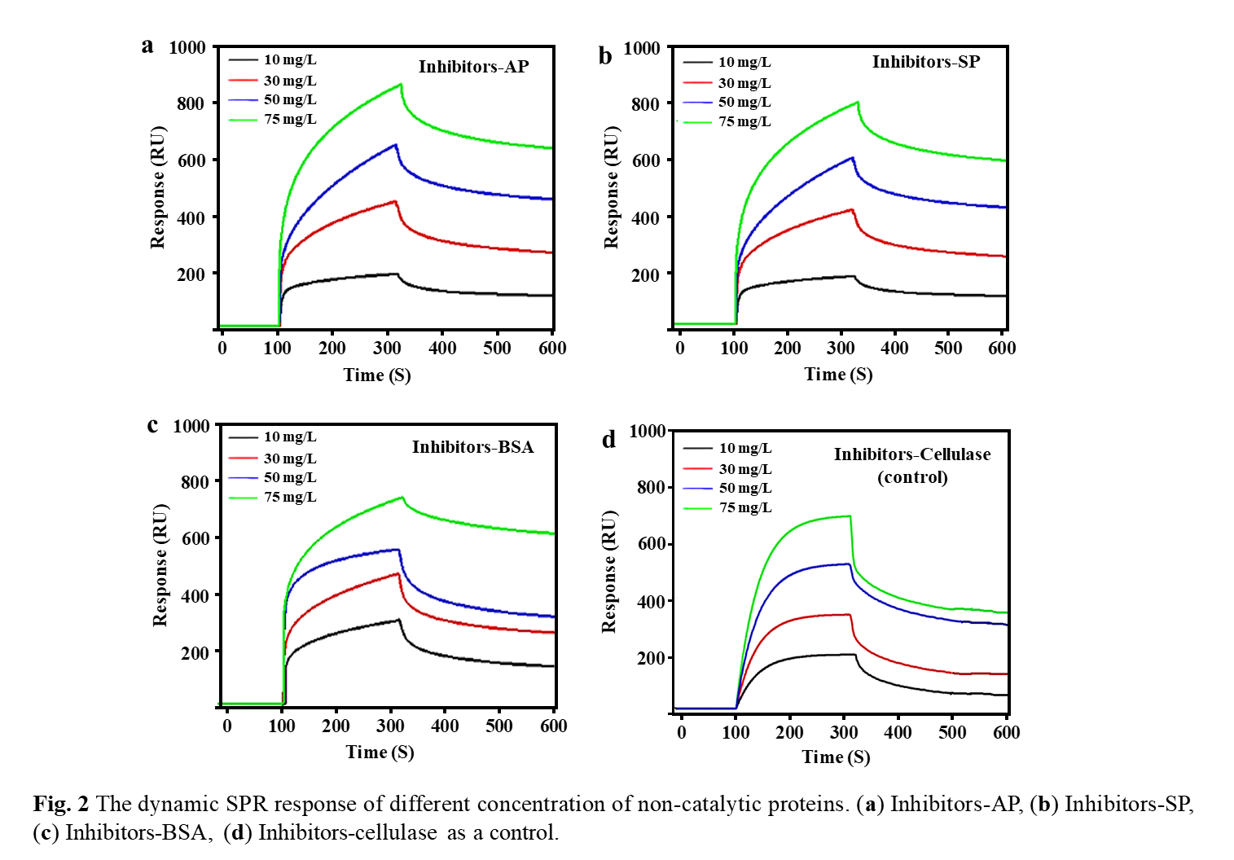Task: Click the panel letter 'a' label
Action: point(147,46)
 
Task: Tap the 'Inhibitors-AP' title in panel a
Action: point(473,67)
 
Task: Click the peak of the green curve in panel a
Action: point(401,85)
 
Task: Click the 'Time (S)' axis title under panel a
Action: point(377,375)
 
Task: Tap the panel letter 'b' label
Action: point(605,55)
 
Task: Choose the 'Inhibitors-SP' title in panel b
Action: point(925,62)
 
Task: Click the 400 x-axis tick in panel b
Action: point(894,348)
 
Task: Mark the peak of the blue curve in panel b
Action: point(852,158)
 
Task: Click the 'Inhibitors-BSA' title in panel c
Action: point(472,447)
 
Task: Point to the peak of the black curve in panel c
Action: point(399,621)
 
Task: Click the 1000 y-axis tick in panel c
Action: point(191,426)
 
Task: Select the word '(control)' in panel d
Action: point(912,477)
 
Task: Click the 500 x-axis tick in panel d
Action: point(952,732)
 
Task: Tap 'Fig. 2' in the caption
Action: point(61,804)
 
